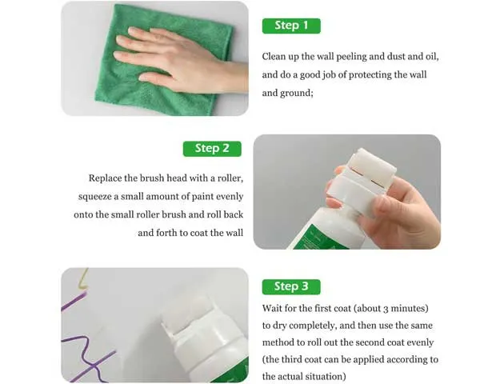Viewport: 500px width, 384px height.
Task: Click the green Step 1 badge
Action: (291, 26)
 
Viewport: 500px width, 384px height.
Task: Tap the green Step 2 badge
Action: (212, 149)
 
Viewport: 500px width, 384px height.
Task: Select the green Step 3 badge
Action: (291, 286)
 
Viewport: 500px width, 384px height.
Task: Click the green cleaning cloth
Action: (166, 61)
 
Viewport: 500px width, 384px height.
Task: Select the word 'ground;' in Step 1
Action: (297, 94)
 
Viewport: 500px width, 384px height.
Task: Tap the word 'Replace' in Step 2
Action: (105, 178)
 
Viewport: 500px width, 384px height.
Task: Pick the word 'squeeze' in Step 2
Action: (95, 197)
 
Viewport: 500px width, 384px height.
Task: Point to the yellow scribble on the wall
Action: (82, 279)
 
